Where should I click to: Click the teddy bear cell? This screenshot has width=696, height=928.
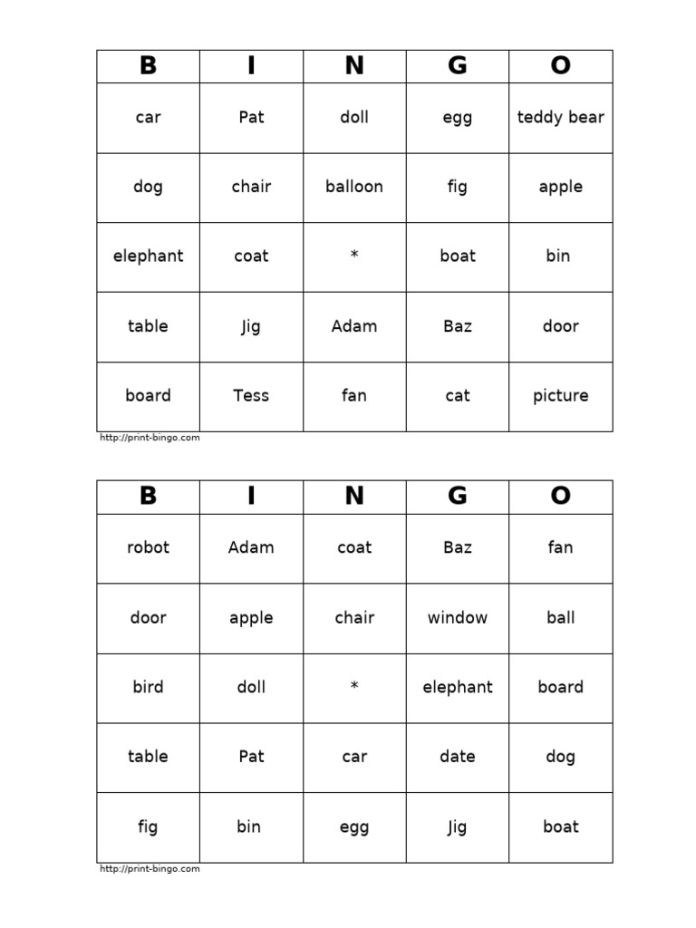(x=560, y=118)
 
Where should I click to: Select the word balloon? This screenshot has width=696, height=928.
(x=354, y=187)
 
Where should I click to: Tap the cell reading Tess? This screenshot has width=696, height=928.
(x=251, y=396)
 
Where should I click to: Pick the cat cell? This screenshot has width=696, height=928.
(x=458, y=396)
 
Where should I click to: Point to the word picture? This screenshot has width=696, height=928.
(x=560, y=396)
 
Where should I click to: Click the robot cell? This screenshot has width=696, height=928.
(x=148, y=547)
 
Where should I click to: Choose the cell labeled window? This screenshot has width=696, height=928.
(x=458, y=618)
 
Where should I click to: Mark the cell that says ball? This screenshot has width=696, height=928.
(x=560, y=618)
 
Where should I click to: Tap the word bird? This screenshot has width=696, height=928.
(x=148, y=687)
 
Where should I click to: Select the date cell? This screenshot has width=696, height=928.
(x=458, y=757)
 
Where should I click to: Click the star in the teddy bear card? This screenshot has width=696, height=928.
(x=354, y=256)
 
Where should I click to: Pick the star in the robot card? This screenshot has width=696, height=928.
(x=354, y=688)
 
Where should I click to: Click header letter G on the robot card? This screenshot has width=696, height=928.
(x=458, y=497)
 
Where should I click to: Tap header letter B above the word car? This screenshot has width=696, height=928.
(x=148, y=66)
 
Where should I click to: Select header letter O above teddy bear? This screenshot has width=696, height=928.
(x=560, y=66)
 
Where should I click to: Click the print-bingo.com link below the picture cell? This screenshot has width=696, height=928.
(x=150, y=438)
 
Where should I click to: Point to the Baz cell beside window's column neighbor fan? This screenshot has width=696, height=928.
(x=458, y=547)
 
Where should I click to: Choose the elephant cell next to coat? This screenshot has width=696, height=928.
(x=148, y=256)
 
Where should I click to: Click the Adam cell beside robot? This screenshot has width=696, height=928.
(x=251, y=547)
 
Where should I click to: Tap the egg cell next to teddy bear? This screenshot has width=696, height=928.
(x=458, y=118)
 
